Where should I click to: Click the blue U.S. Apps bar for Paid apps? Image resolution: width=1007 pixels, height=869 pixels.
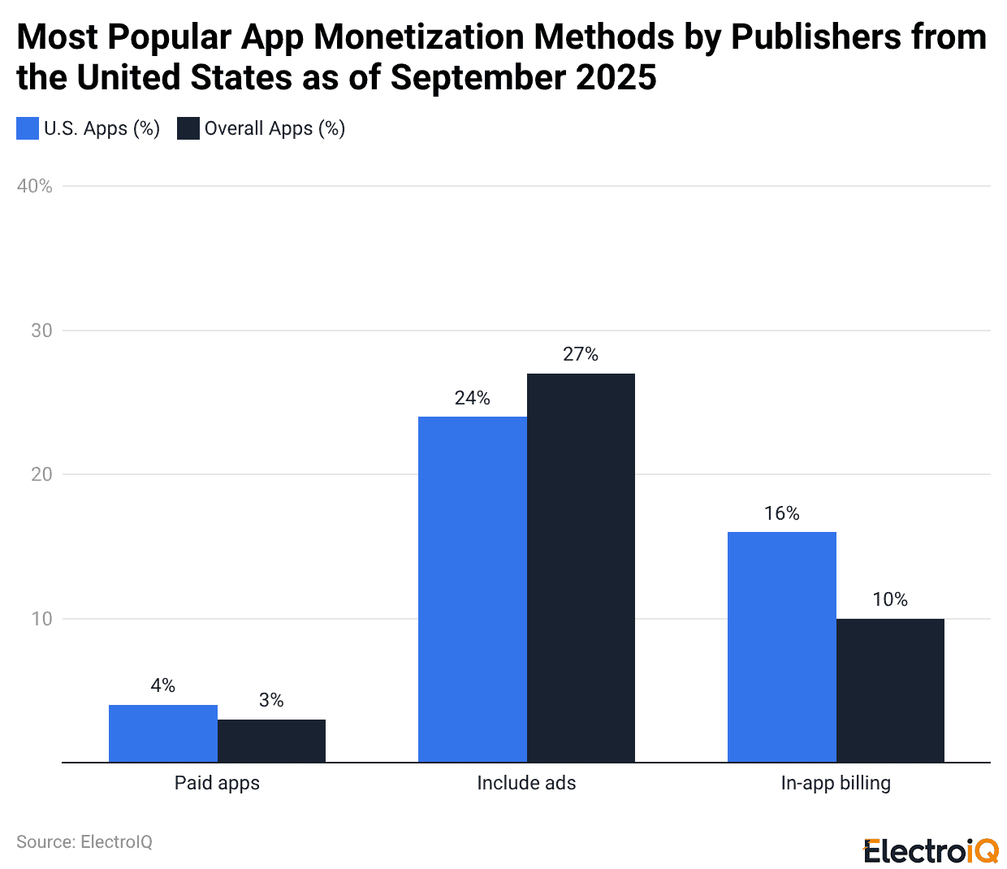coord(162,733)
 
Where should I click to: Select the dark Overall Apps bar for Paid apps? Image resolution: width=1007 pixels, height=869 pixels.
coord(271,741)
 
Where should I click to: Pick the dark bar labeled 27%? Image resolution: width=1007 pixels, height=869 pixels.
coord(581,568)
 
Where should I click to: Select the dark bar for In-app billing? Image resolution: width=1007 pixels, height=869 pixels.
coord(890,690)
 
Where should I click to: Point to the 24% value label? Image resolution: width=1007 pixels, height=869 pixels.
coord(472,398)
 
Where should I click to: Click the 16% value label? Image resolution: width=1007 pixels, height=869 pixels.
coord(781,513)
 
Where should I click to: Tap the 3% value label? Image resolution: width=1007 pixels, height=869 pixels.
coord(271,700)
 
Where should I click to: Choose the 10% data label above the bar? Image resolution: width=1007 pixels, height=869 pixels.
coord(890,599)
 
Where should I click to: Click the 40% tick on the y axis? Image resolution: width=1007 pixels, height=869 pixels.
coord(35,186)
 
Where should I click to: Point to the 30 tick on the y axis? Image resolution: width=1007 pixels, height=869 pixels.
coord(41,331)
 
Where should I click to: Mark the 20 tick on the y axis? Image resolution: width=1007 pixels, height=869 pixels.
coord(41,474)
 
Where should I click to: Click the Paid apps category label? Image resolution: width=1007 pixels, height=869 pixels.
coord(217,783)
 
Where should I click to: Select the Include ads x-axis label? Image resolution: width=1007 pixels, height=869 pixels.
coord(526,783)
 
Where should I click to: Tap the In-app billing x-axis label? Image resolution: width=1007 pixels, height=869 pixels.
coord(836,783)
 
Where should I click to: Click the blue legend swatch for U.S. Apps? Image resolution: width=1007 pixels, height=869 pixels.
coord(28,128)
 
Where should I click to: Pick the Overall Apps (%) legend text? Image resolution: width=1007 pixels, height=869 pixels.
coord(274,128)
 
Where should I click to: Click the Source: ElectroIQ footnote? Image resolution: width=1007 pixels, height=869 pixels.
coord(84,841)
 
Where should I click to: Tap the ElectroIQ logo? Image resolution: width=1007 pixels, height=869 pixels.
coord(931,850)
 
